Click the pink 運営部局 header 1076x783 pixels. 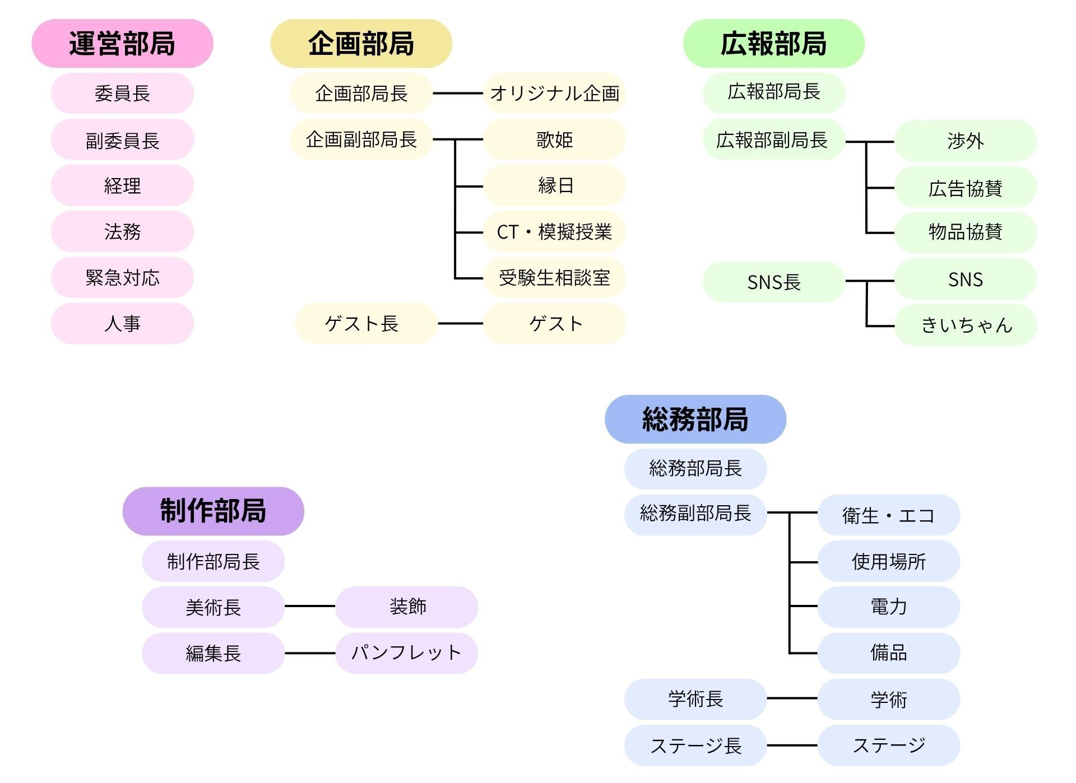pos(122,44)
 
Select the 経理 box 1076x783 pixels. pos(122,185)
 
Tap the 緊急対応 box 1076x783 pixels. pos(122,277)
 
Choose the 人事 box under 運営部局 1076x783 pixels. pos(122,323)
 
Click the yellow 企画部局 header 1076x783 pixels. pos(361,44)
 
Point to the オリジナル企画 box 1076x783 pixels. pos(554,93)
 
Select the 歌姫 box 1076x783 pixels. pos(554,139)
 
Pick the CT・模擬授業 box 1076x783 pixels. pos(554,231)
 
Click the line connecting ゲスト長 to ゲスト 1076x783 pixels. pos(460,323)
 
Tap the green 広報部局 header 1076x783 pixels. pos(773,44)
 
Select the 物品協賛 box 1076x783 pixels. pos(965,232)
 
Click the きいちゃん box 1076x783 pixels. pos(965,325)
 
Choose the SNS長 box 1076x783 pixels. pos(773,282)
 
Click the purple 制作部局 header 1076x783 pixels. pos(213,511)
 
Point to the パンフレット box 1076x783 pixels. pos(406,652)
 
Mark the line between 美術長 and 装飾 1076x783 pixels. pos(309,606)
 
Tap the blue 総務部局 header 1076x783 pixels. pos(695,419)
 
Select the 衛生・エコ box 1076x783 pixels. pos(888,515)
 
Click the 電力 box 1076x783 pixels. pos(888,607)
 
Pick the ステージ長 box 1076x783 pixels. pos(695,745)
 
